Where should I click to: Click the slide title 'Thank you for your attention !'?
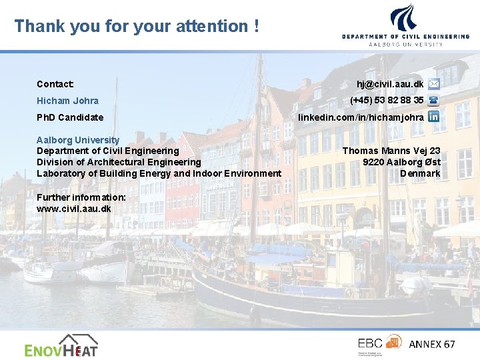[137, 26]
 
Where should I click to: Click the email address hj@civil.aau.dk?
[390, 84]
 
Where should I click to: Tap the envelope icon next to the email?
[433, 84]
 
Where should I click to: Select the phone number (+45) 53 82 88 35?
[387, 100]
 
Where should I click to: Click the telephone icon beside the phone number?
[433, 101]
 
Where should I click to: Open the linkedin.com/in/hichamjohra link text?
[361, 117]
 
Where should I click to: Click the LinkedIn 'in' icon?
[433, 117]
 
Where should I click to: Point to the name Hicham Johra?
[67, 101]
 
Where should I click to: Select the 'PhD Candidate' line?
[70, 117]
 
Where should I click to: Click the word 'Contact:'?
[55, 84]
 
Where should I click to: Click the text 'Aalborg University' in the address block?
[78, 140]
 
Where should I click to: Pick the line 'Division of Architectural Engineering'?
[119, 162]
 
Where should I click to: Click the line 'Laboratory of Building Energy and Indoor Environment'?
[159, 173]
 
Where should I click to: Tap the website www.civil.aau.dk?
[74, 209]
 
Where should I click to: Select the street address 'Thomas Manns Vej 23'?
[391, 151]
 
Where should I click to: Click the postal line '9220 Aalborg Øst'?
[401, 162]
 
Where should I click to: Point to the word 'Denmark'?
[420, 173]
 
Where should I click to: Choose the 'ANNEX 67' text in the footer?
[431, 344]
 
